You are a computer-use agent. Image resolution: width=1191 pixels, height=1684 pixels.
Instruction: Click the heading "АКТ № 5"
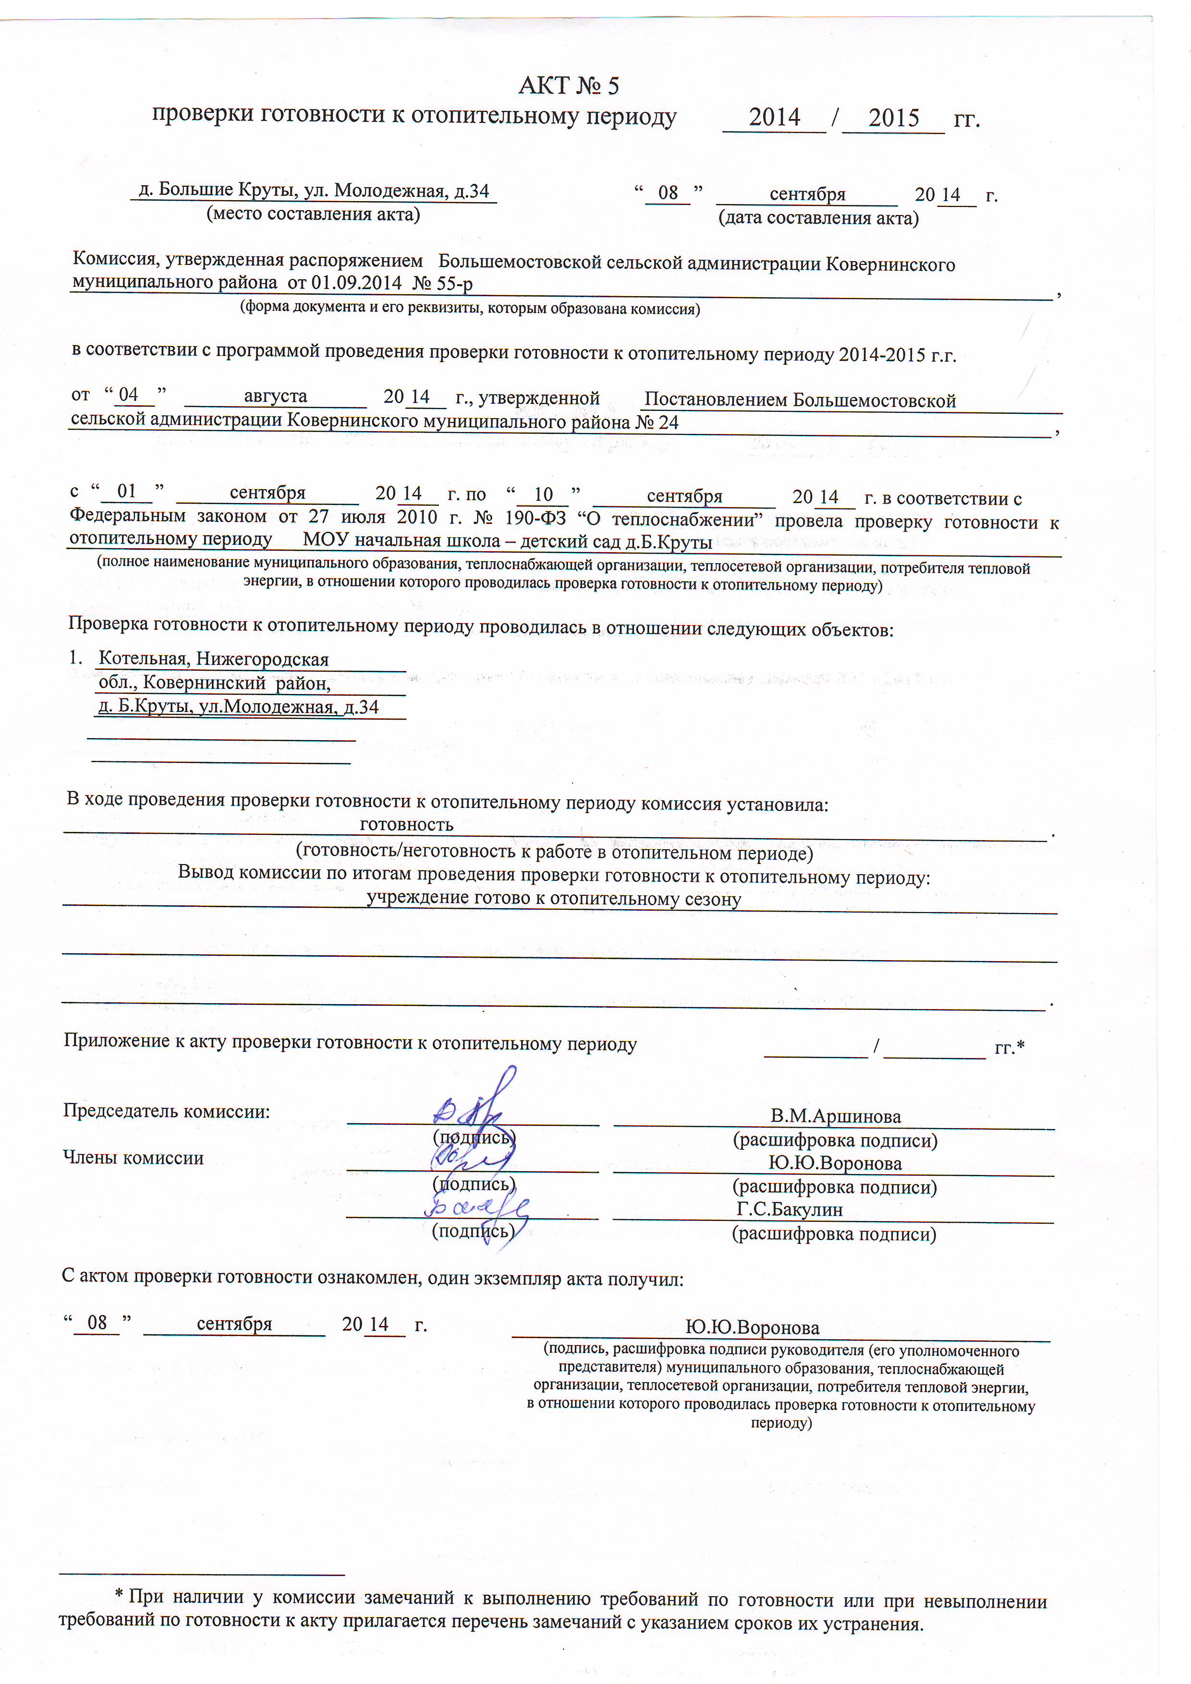(x=568, y=86)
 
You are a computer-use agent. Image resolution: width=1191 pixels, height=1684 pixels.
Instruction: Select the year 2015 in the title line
(x=893, y=118)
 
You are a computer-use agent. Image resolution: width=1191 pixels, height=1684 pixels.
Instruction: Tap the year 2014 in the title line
(x=774, y=117)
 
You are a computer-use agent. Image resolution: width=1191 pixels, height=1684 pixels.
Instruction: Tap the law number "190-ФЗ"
(x=535, y=518)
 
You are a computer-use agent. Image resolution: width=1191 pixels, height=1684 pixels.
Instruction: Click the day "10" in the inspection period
(x=543, y=494)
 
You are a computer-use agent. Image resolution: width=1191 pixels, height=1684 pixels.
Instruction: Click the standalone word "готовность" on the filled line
(x=407, y=824)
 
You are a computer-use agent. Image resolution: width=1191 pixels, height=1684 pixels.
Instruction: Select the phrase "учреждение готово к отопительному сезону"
(x=554, y=899)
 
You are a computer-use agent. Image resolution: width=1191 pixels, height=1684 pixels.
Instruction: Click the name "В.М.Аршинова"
(x=835, y=1116)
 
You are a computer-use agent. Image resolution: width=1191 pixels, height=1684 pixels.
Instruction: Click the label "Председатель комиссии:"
(x=167, y=1111)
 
